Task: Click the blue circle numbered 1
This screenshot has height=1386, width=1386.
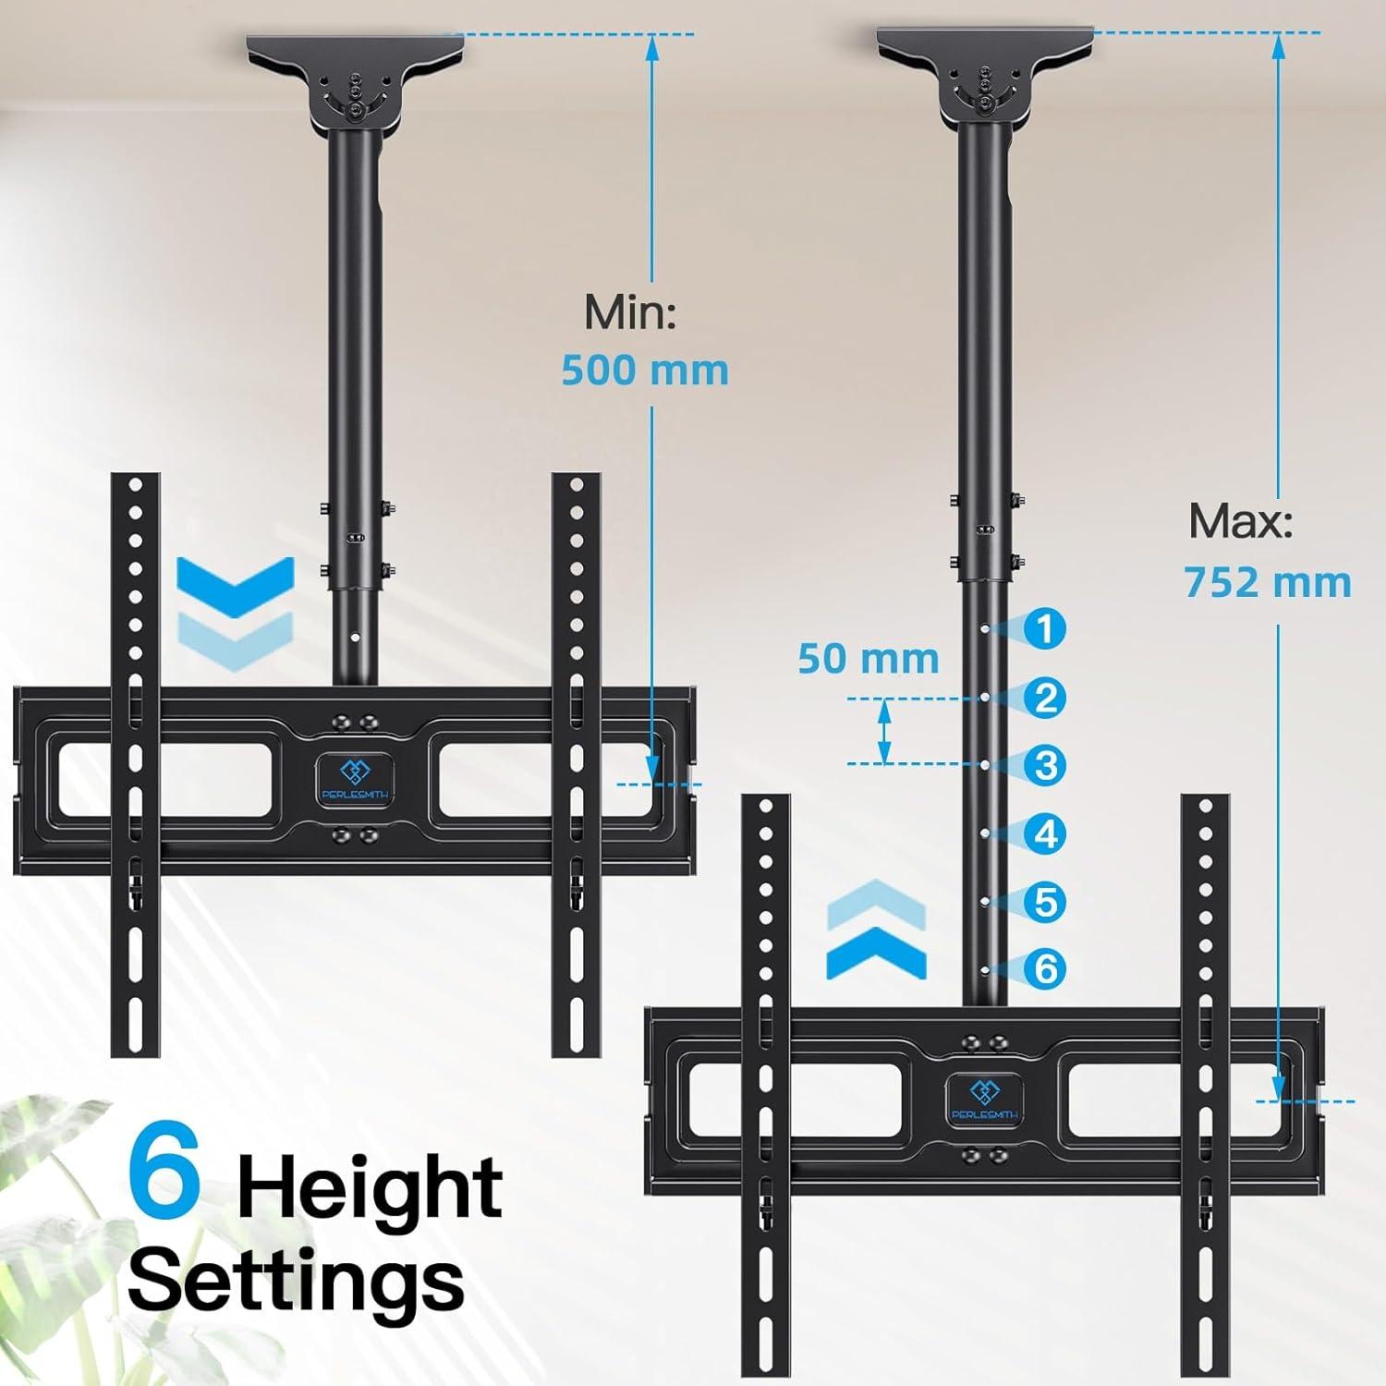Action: pos(1045,629)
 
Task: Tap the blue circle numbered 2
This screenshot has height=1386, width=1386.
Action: pos(1045,698)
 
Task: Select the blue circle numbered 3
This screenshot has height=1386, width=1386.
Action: pos(1045,765)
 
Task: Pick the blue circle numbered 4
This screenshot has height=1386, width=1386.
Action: pos(1045,833)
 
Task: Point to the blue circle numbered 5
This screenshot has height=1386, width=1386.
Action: pos(1045,901)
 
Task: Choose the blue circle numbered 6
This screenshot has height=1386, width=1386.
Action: pos(1045,968)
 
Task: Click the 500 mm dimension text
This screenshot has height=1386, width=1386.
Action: pos(645,371)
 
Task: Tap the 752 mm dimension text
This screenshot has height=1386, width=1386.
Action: pos(1268,583)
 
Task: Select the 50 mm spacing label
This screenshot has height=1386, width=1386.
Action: pos(869,659)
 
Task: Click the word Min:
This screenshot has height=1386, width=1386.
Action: pos(630,313)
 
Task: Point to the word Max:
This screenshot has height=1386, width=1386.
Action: pos(1240,522)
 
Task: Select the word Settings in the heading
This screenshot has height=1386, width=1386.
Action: pos(296,1280)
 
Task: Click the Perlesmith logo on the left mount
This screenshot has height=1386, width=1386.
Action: pos(350,780)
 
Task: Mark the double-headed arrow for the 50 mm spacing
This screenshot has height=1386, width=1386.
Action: pos(884,731)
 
